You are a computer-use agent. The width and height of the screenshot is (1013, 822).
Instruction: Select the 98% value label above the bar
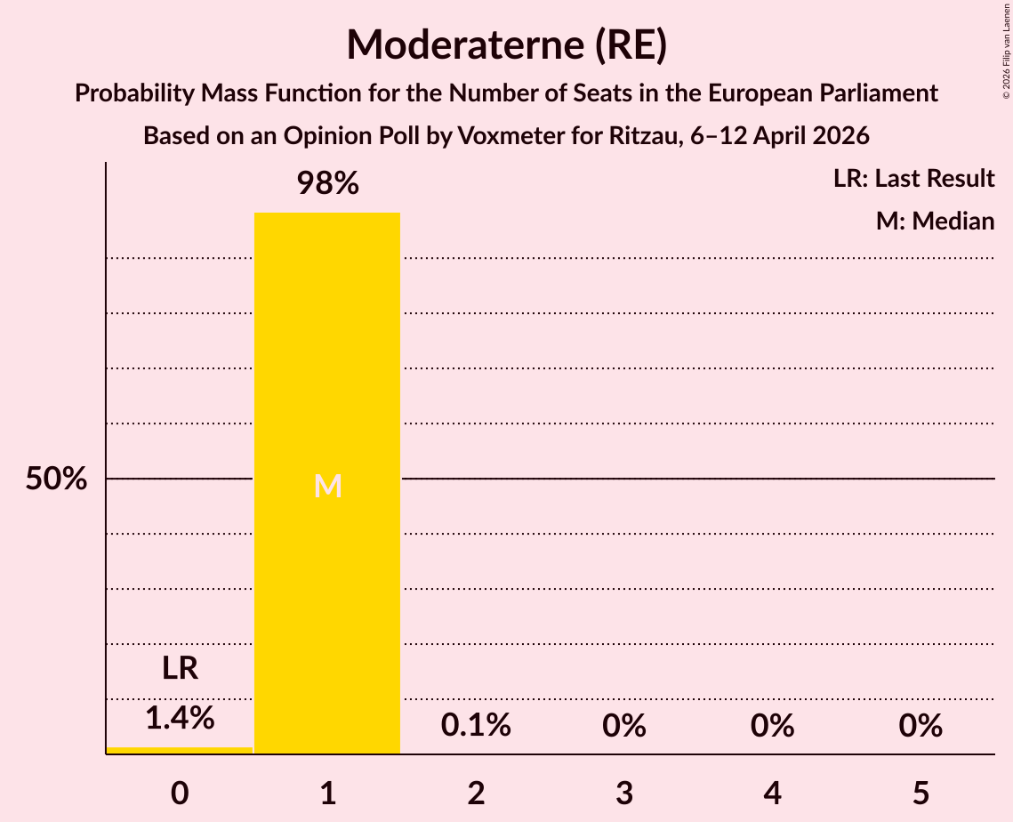tap(327, 184)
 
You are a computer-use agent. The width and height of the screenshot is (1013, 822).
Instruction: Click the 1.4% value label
tap(180, 717)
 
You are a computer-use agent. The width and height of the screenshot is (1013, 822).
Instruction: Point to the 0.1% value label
tap(476, 726)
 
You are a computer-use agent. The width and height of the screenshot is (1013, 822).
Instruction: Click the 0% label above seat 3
tap(623, 726)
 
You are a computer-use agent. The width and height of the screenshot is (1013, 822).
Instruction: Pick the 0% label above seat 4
tap(772, 726)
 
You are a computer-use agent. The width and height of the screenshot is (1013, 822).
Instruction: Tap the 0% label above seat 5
tap(920, 726)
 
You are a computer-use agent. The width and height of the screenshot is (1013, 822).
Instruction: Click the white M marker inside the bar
tap(327, 486)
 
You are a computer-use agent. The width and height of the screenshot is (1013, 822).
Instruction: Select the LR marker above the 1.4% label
tap(180, 668)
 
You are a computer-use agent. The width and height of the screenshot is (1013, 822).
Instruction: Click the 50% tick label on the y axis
tap(56, 479)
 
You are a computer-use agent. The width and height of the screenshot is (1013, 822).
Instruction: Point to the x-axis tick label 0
tap(180, 793)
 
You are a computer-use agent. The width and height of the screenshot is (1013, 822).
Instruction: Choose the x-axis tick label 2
tap(476, 793)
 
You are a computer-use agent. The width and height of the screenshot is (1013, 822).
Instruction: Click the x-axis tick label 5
tap(920, 793)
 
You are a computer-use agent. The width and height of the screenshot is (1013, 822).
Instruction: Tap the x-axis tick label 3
tap(623, 793)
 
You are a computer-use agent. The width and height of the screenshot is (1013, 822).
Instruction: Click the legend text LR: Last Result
tap(913, 179)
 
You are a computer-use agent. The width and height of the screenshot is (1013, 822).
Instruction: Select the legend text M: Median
tap(935, 221)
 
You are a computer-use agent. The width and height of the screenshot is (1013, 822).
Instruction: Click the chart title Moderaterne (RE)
tap(506, 44)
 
